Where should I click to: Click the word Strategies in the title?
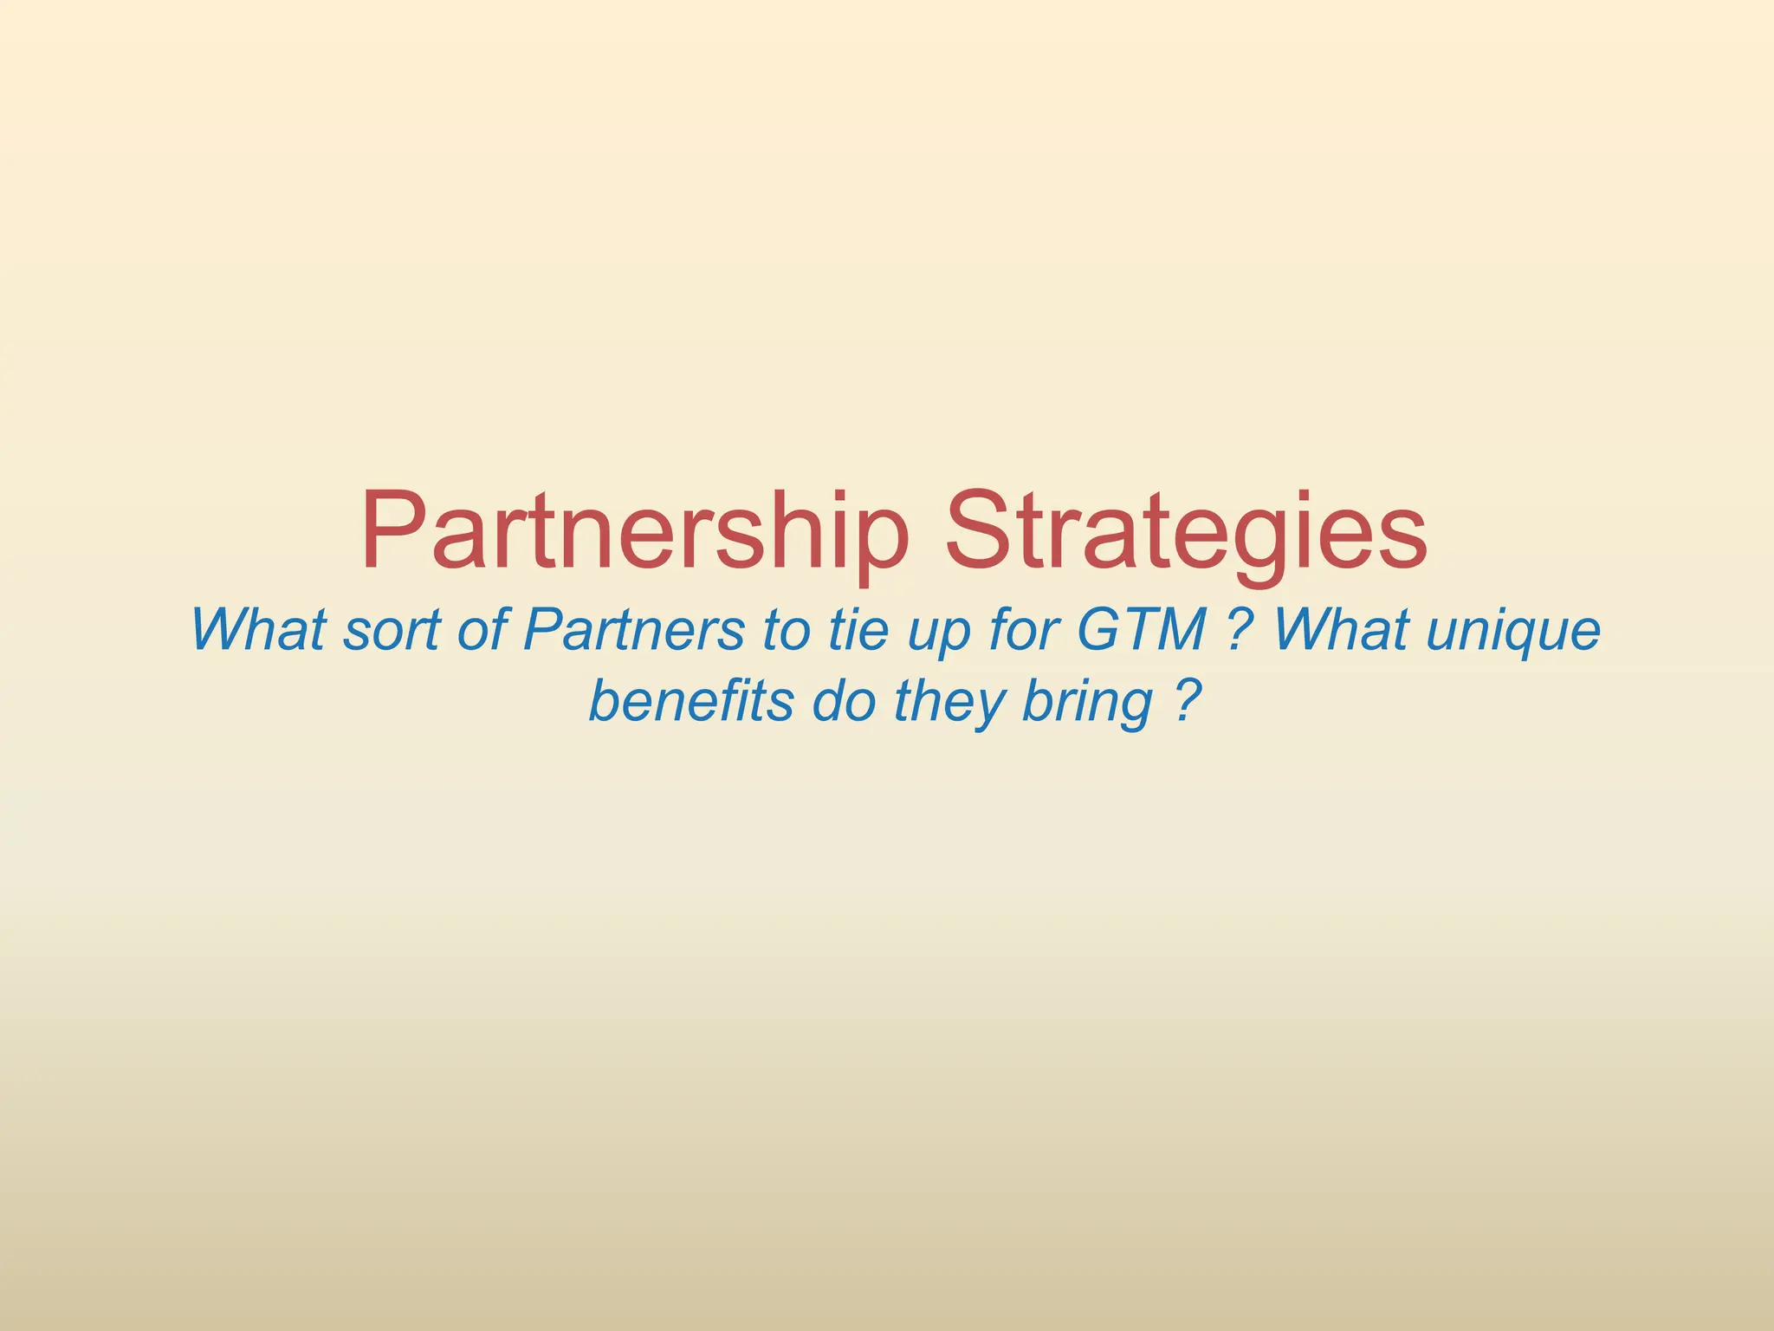pyautogui.click(x=1186, y=530)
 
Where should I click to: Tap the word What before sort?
pyautogui.click(x=258, y=630)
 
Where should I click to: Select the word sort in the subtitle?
pyautogui.click(x=392, y=630)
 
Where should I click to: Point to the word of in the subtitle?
pyautogui.click(x=482, y=630)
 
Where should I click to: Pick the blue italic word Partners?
pyautogui.click(x=633, y=630)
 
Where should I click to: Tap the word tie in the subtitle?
pyautogui.click(x=858, y=630)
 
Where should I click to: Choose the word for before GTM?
pyautogui.click(x=1025, y=630)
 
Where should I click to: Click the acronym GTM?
pyautogui.click(x=1142, y=630)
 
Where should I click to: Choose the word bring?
pyautogui.click(x=1087, y=702)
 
